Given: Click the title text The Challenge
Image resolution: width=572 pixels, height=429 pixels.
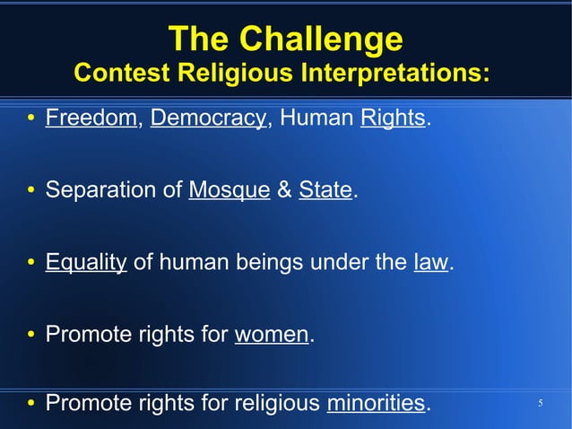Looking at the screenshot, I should (x=285, y=39).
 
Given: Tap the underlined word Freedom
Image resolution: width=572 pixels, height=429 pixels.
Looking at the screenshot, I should (x=91, y=118).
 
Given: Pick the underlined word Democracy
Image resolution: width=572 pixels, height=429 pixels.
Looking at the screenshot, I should (x=208, y=118).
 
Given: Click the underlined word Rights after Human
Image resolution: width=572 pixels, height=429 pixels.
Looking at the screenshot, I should (x=392, y=118).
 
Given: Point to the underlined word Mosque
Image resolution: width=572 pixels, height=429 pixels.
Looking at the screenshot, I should (x=230, y=190).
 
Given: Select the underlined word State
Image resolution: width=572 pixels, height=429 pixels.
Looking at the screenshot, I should (x=325, y=190).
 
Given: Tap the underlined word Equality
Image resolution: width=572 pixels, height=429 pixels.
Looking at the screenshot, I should (x=86, y=262).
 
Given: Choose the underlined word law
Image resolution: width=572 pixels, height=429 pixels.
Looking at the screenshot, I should (x=430, y=262).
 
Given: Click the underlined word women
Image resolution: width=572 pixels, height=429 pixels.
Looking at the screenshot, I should (x=271, y=334).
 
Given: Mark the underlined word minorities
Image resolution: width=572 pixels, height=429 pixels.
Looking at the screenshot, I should (x=376, y=404).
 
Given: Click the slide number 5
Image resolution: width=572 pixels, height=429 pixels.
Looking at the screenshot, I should (x=541, y=404).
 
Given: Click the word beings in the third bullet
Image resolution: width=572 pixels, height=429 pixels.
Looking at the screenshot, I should (x=267, y=262).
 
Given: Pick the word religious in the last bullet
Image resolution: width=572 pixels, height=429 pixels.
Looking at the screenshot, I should (x=277, y=404).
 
